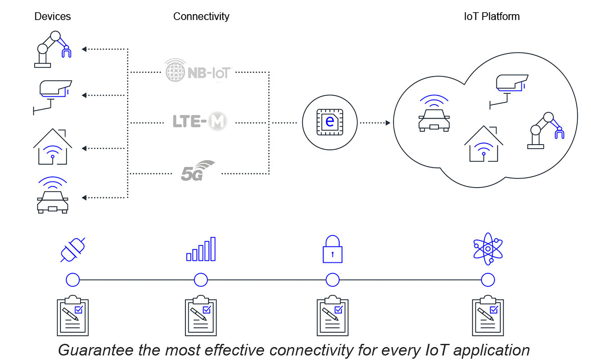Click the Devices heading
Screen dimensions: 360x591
53,17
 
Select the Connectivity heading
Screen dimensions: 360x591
201,17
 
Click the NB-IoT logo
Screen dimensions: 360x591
198,71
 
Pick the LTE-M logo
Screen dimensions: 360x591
200,121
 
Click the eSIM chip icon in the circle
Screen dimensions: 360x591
331,122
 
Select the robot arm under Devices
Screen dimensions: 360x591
53,49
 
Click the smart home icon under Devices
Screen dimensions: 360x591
53,147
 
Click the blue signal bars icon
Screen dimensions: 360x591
201,250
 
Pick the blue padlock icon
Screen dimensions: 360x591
332,250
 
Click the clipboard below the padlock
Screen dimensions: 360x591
332,315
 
